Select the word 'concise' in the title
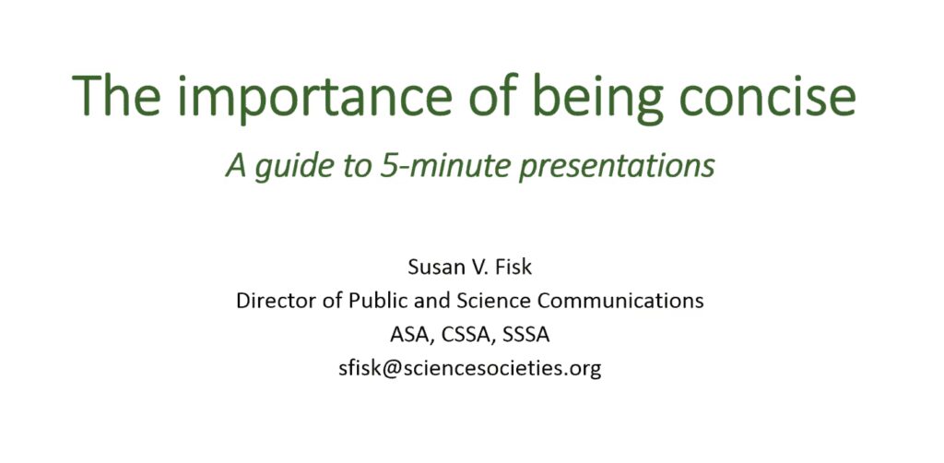pyautogui.click(x=767, y=98)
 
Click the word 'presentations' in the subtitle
pyautogui.click(x=617, y=167)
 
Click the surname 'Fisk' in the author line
pyautogui.click(x=513, y=267)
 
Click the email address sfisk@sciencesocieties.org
pyautogui.click(x=469, y=369)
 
